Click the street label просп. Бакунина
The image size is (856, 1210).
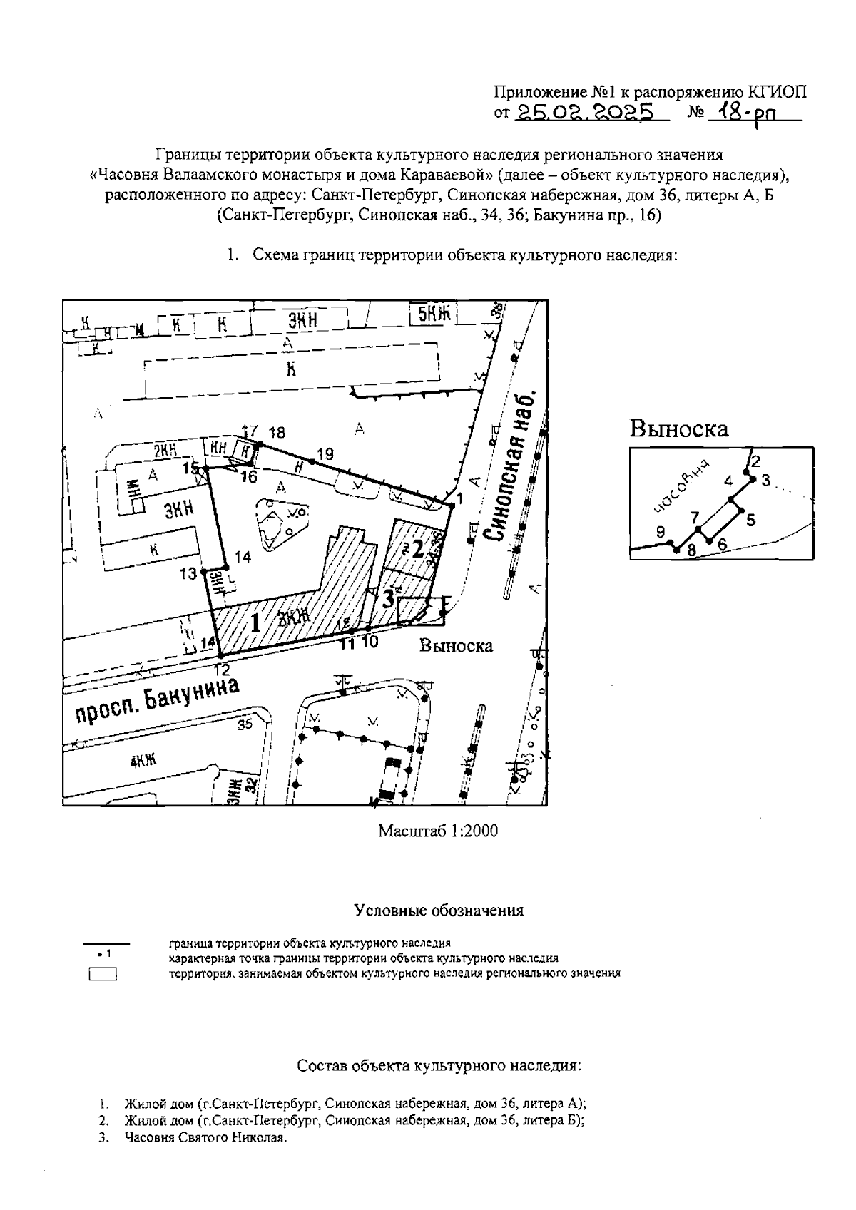157,702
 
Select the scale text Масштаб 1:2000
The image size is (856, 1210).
438,831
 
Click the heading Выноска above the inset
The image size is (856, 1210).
678,429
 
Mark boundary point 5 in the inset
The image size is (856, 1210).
750,520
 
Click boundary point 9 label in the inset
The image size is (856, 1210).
660,531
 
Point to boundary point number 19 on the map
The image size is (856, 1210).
325,453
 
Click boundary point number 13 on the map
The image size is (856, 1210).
188,573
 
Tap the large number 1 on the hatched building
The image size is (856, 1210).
254,623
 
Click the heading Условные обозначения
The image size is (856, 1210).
439,911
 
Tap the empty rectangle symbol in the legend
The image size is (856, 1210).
103,975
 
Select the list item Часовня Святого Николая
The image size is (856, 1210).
205,1138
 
